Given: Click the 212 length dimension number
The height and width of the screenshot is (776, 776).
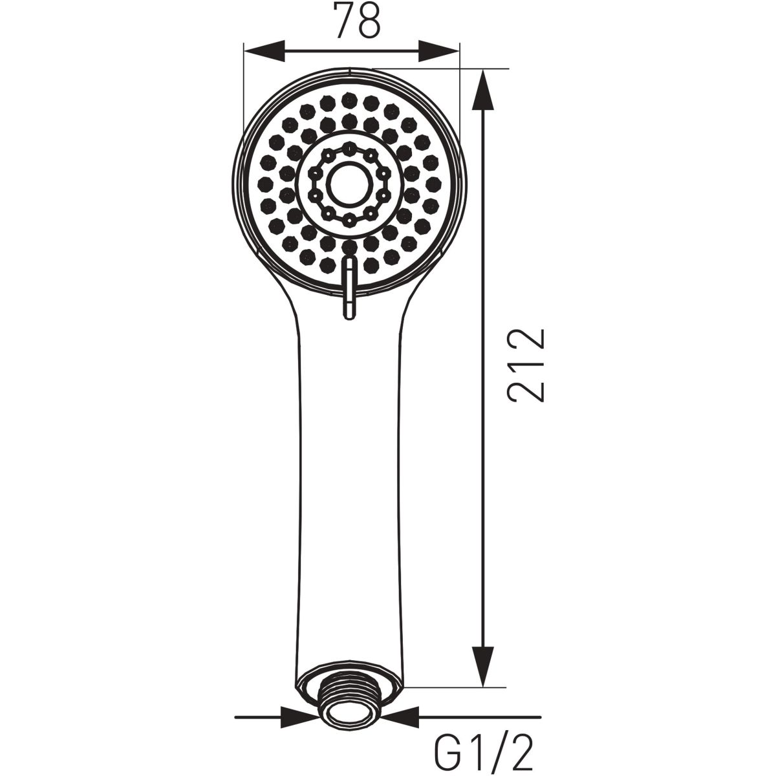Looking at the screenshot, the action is [526, 365].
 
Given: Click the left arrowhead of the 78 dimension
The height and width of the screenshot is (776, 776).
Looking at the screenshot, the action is [264, 51].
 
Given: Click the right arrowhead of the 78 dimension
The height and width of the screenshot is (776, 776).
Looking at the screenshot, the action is [438, 51].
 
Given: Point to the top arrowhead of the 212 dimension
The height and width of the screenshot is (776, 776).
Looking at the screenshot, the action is [482, 89].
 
